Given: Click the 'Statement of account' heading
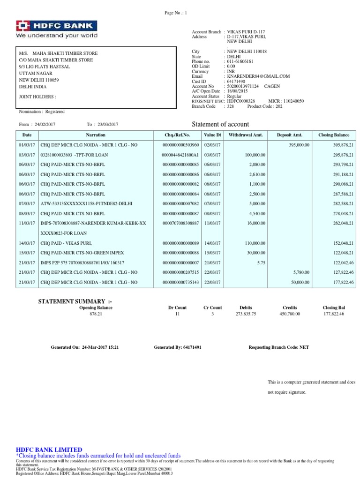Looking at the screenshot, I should (x=221, y=124).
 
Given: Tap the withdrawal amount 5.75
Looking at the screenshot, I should (x=260, y=262).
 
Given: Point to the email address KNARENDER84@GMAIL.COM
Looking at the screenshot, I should (x=258, y=76).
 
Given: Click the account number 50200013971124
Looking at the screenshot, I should (x=243, y=86).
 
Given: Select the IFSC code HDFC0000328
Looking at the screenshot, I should (x=240, y=101).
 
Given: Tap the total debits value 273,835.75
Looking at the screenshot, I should (x=246, y=314).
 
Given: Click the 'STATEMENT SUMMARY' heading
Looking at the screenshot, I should (x=75, y=300).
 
